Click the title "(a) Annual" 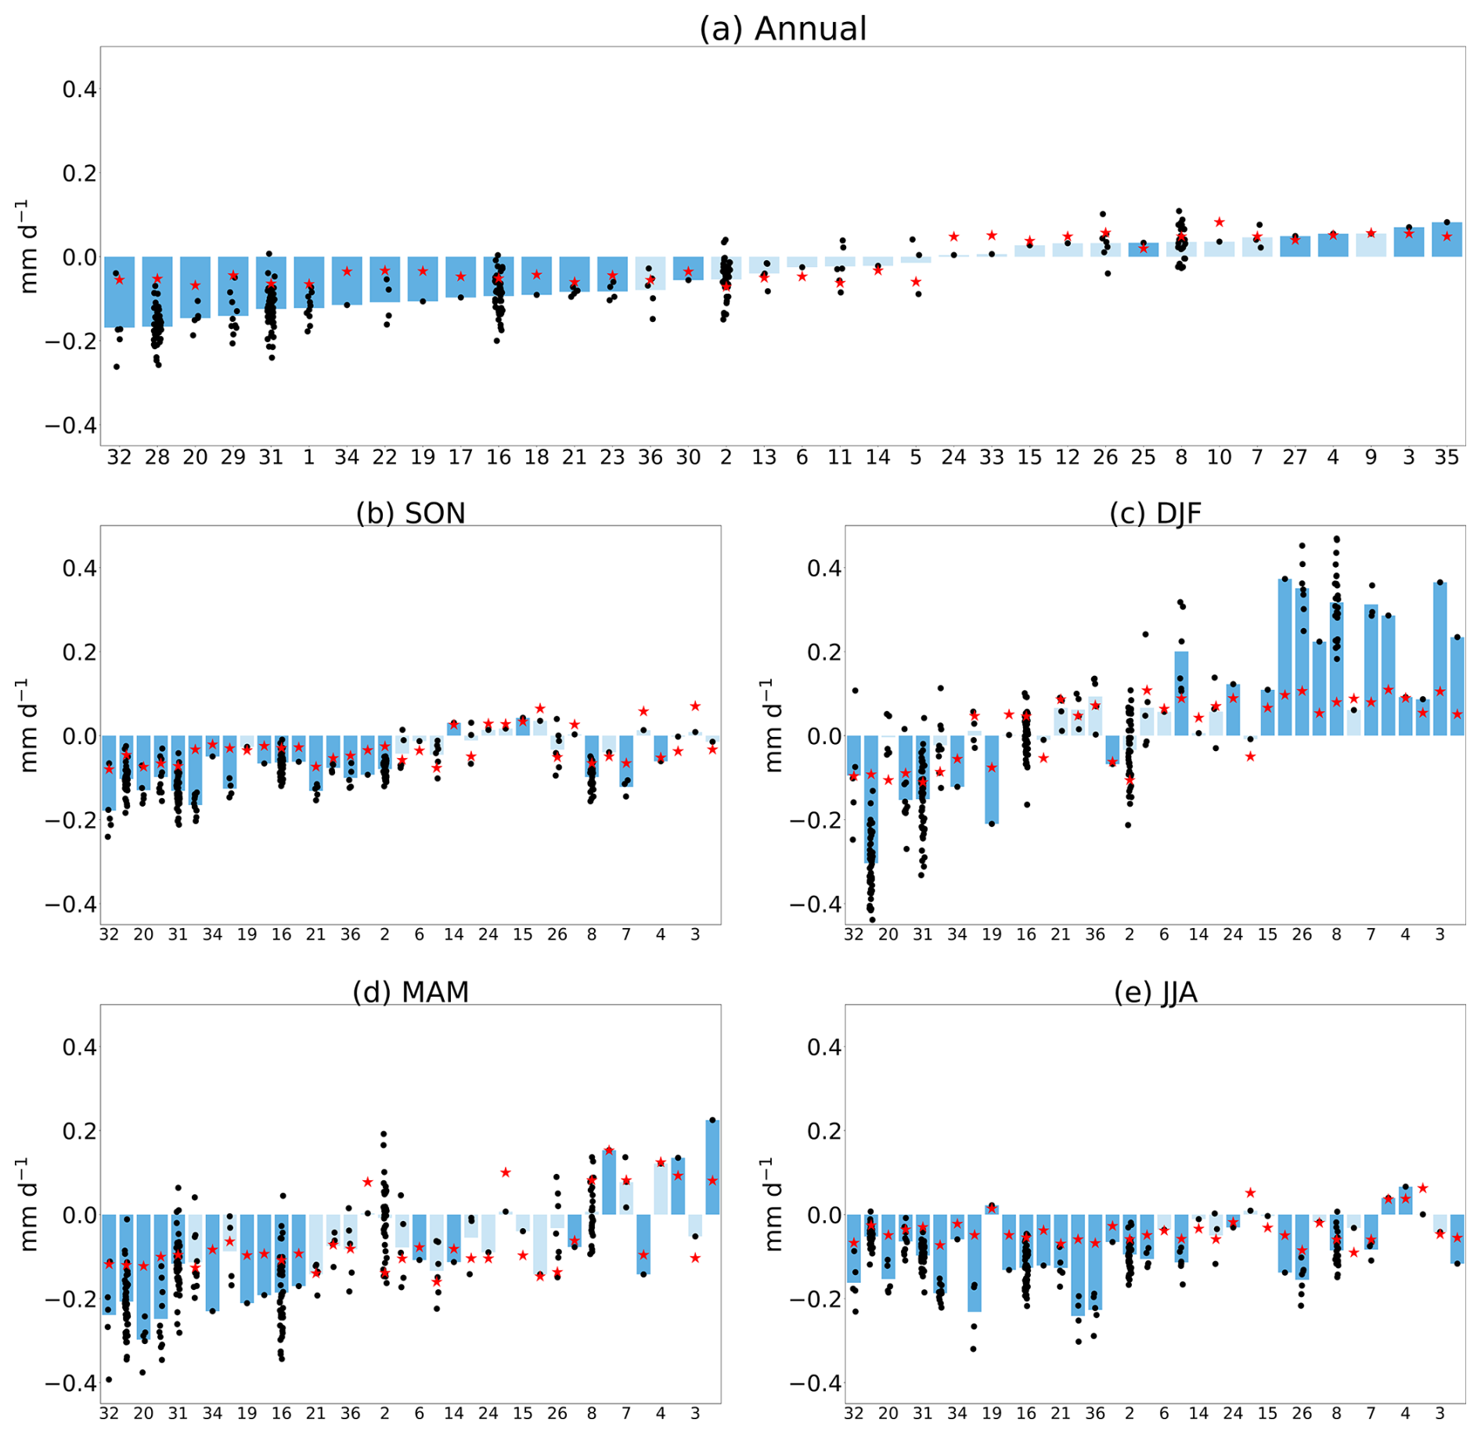(782, 29)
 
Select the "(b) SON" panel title (410, 513)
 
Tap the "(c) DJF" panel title (1155, 513)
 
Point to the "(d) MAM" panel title (410, 992)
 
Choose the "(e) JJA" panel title (1155, 992)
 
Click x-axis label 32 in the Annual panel (119, 457)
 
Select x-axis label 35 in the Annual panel (1447, 457)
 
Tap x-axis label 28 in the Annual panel (157, 457)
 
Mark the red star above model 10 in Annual (1219, 222)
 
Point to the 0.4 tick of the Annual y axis (79, 89)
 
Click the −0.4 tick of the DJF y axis (814, 905)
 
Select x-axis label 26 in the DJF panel (1302, 934)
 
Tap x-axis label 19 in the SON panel (247, 934)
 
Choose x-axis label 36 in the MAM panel (350, 1414)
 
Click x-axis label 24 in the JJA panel (1233, 1414)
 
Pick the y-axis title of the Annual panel (28, 247)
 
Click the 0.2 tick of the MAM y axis (79, 1131)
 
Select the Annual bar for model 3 (1408, 243)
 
